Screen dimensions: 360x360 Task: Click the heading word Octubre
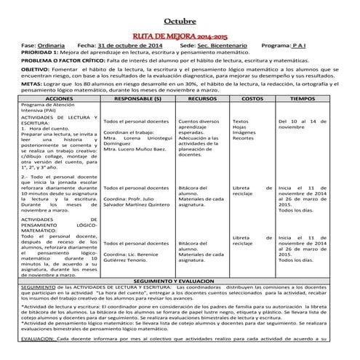(x=180, y=20)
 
